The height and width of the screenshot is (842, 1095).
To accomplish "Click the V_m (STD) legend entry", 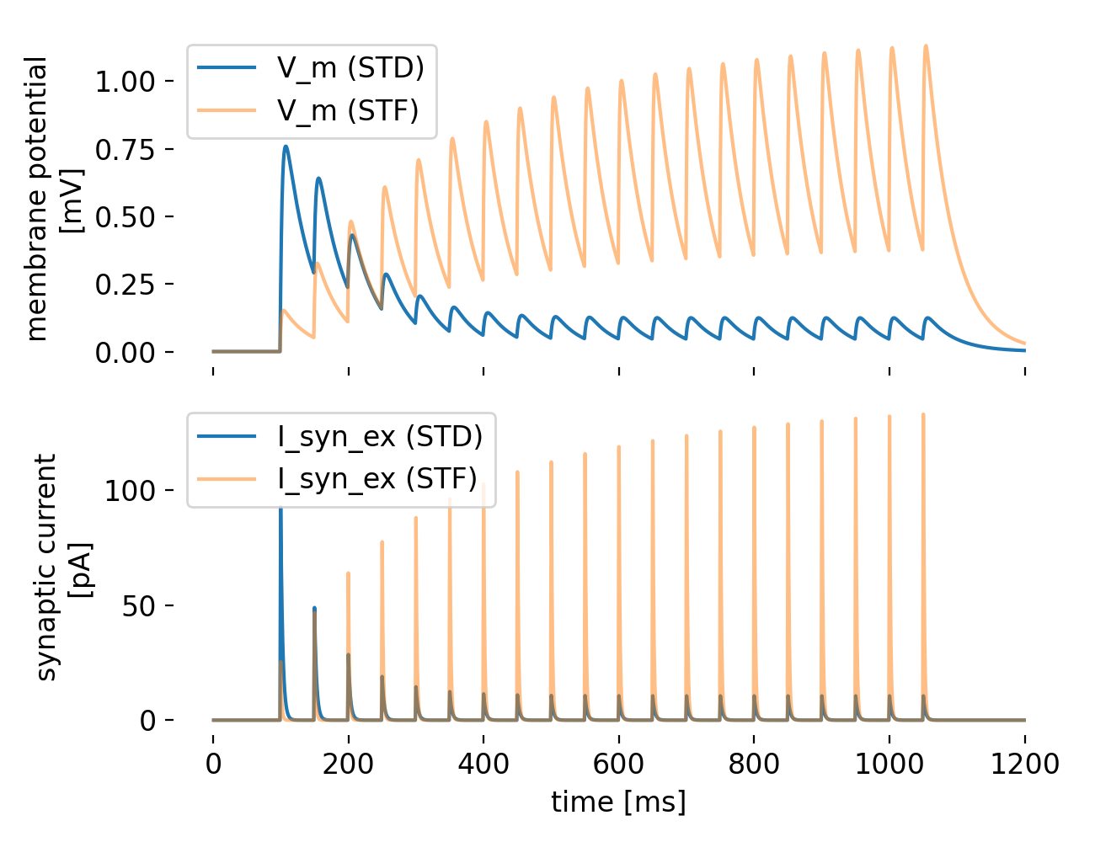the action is click(x=311, y=67).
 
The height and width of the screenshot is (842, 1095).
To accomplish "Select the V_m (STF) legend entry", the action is click(x=308, y=109).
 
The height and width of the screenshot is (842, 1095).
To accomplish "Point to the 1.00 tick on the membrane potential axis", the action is click(x=125, y=81).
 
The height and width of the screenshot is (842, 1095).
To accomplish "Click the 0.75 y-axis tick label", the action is click(x=125, y=149).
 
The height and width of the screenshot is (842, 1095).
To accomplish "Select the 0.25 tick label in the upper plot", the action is click(x=125, y=285).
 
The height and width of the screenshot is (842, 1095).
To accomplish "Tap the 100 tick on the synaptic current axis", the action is click(x=130, y=490).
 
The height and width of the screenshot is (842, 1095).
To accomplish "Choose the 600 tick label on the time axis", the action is click(x=618, y=764).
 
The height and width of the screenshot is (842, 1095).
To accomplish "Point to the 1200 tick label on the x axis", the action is click(x=1025, y=764).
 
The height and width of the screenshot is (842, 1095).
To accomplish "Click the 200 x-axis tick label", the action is click(x=348, y=764).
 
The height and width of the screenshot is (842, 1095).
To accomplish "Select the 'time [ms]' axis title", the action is click(x=618, y=802).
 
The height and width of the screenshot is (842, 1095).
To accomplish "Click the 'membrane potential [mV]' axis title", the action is click(x=53, y=199).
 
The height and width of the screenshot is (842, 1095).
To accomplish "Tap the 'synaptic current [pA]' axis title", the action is click(x=63, y=567).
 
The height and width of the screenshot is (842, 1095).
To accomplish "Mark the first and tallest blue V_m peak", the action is click(x=286, y=147).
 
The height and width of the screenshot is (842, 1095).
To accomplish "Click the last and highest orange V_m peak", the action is click(x=926, y=45).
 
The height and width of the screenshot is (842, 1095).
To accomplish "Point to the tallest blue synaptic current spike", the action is click(x=280, y=508).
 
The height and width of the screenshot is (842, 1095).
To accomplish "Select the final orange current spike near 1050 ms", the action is click(x=923, y=415).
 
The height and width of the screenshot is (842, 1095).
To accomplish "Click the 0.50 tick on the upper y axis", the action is click(x=125, y=217).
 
